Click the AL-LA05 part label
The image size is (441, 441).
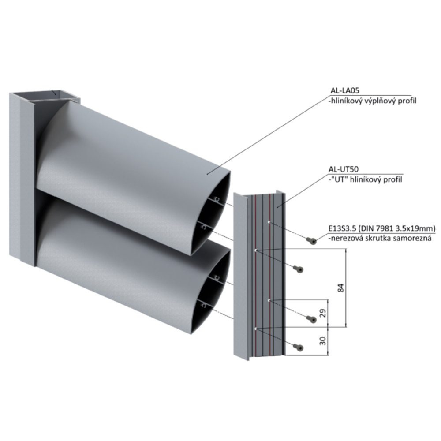pyautogui.click(x=345, y=90)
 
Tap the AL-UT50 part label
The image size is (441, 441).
pyautogui.click(x=344, y=169)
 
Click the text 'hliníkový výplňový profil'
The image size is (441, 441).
pyautogui.click(x=372, y=101)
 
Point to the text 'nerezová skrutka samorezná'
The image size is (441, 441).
pyautogui.click(x=380, y=238)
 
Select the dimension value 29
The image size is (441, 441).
pyautogui.click(x=323, y=313)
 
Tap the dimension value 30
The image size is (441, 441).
pyautogui.click(x=323, y=341)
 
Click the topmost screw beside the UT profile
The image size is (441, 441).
pyautogui.click(x=311, y=240)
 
